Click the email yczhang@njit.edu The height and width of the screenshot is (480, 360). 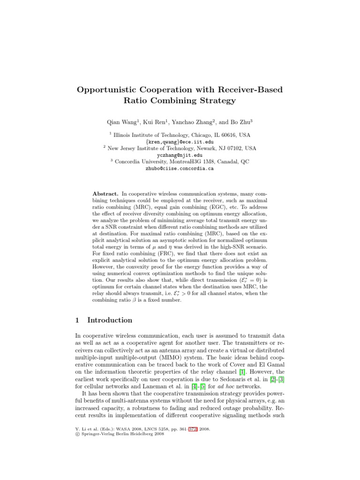(180, 155)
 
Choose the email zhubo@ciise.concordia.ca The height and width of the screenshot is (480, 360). (180, 168)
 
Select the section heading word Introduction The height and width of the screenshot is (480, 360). (110, 320)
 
